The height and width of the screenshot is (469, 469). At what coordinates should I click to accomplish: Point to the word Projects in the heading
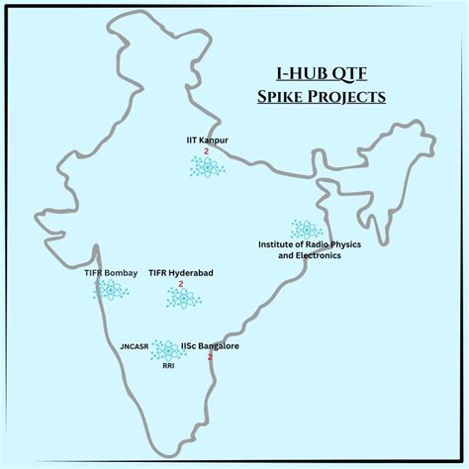pyautogui.click(x=347, y=98)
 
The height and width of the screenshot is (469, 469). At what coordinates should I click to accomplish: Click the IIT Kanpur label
pyautogui.click(x=208, y=141)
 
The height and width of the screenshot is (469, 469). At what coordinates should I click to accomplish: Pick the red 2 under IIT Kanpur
pyautogui.click(x=206, y=153)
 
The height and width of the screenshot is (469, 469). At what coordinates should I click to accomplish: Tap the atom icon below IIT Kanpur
pyautogui.click(x=207, y=168)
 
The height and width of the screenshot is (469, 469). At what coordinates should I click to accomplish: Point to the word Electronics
pyautogui.click(x=316, y=255)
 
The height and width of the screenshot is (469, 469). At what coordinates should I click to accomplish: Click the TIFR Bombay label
pyautogui.click(x=110, y=272)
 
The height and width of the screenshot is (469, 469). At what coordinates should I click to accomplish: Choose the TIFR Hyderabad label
pyautogui.click(x=181, y=272)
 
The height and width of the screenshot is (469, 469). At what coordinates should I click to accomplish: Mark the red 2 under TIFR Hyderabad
pyautogui.click(x=181, y=284)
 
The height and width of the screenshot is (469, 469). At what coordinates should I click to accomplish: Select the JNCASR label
pyautogui.click(x=135, y=347)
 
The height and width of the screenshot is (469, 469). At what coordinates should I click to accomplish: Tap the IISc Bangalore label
pyautogui.click(x=210, y=346)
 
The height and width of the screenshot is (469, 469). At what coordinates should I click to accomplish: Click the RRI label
pyautogui.click(x=169, y=365)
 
